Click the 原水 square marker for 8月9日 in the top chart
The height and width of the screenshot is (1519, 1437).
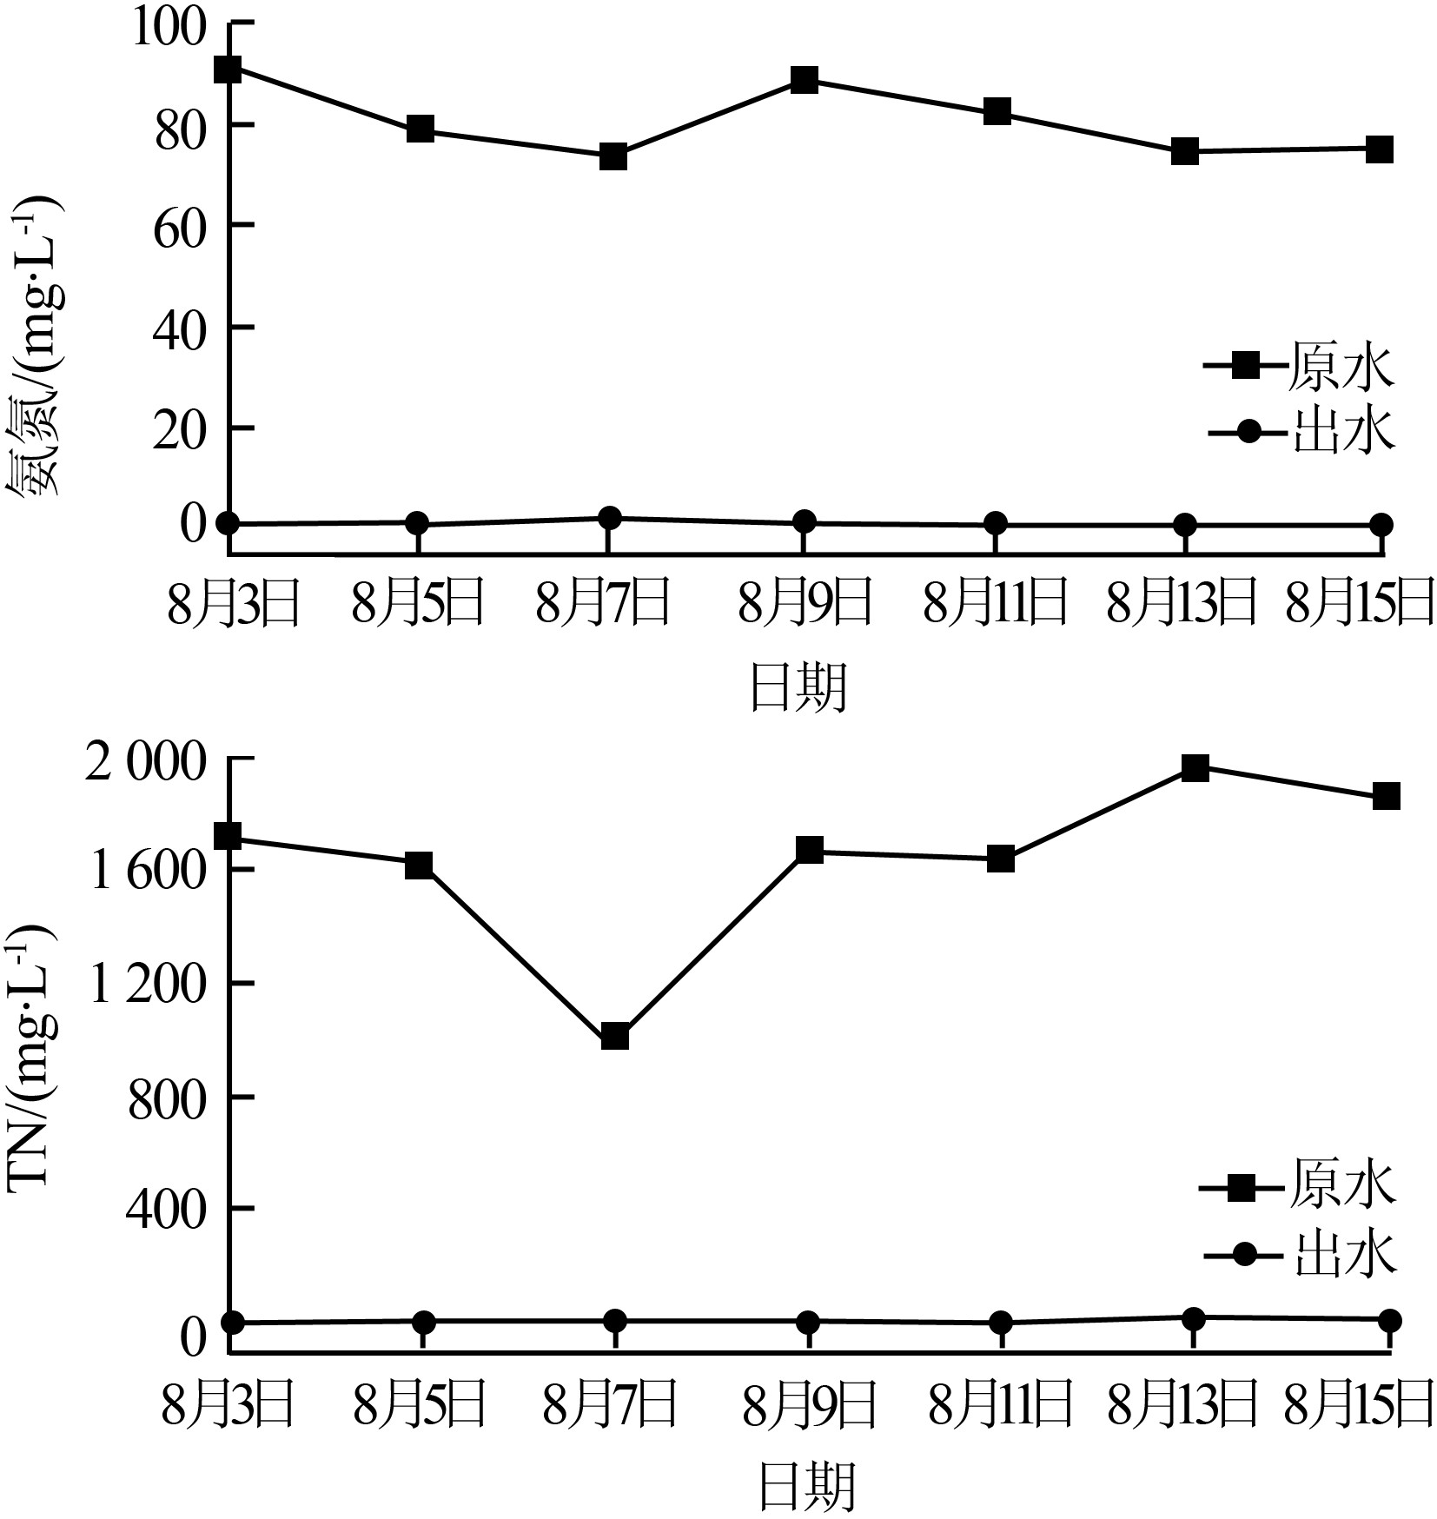(x=805, y=81)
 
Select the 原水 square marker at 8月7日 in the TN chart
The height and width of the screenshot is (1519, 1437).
(x=614, y=1037)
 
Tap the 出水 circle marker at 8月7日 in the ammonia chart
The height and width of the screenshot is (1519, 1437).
(x=610, y=519)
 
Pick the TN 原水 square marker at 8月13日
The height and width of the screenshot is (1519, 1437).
(x=1195, y=767)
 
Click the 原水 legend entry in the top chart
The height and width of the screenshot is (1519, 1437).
(x=1300, y=367)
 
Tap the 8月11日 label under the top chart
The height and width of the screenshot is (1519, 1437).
(x=995, y=604)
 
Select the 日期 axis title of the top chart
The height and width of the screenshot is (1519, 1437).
(x=798, y=688)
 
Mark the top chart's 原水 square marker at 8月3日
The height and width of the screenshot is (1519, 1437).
(x=228, y=70)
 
